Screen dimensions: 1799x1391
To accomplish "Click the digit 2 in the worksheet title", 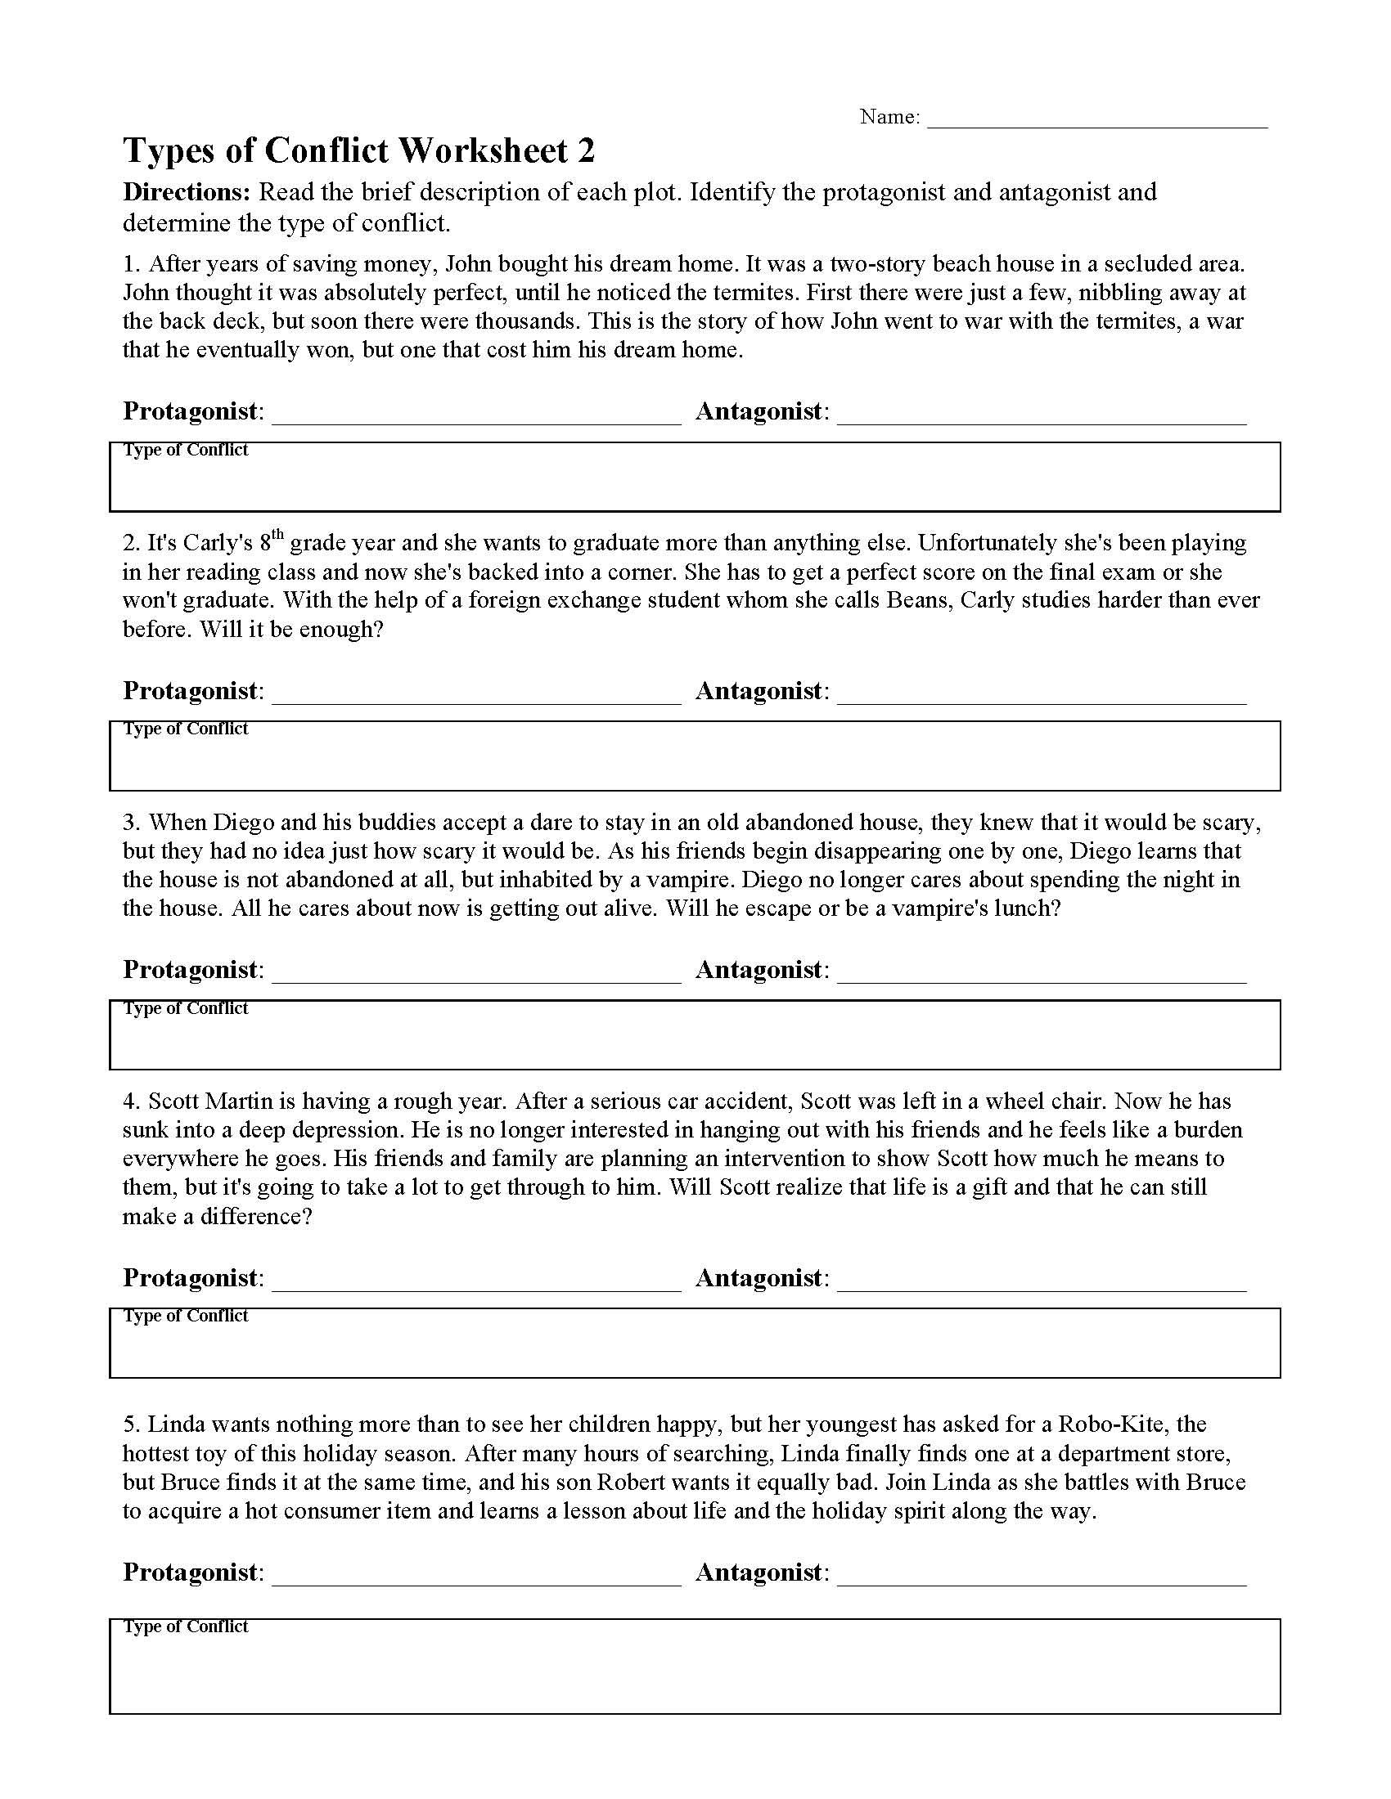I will pos(586,151).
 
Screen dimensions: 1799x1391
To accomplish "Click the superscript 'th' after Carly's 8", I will pos(277,535).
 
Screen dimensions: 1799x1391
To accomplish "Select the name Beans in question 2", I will pos(920,599).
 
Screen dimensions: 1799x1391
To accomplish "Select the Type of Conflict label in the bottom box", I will pos(187,1626).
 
